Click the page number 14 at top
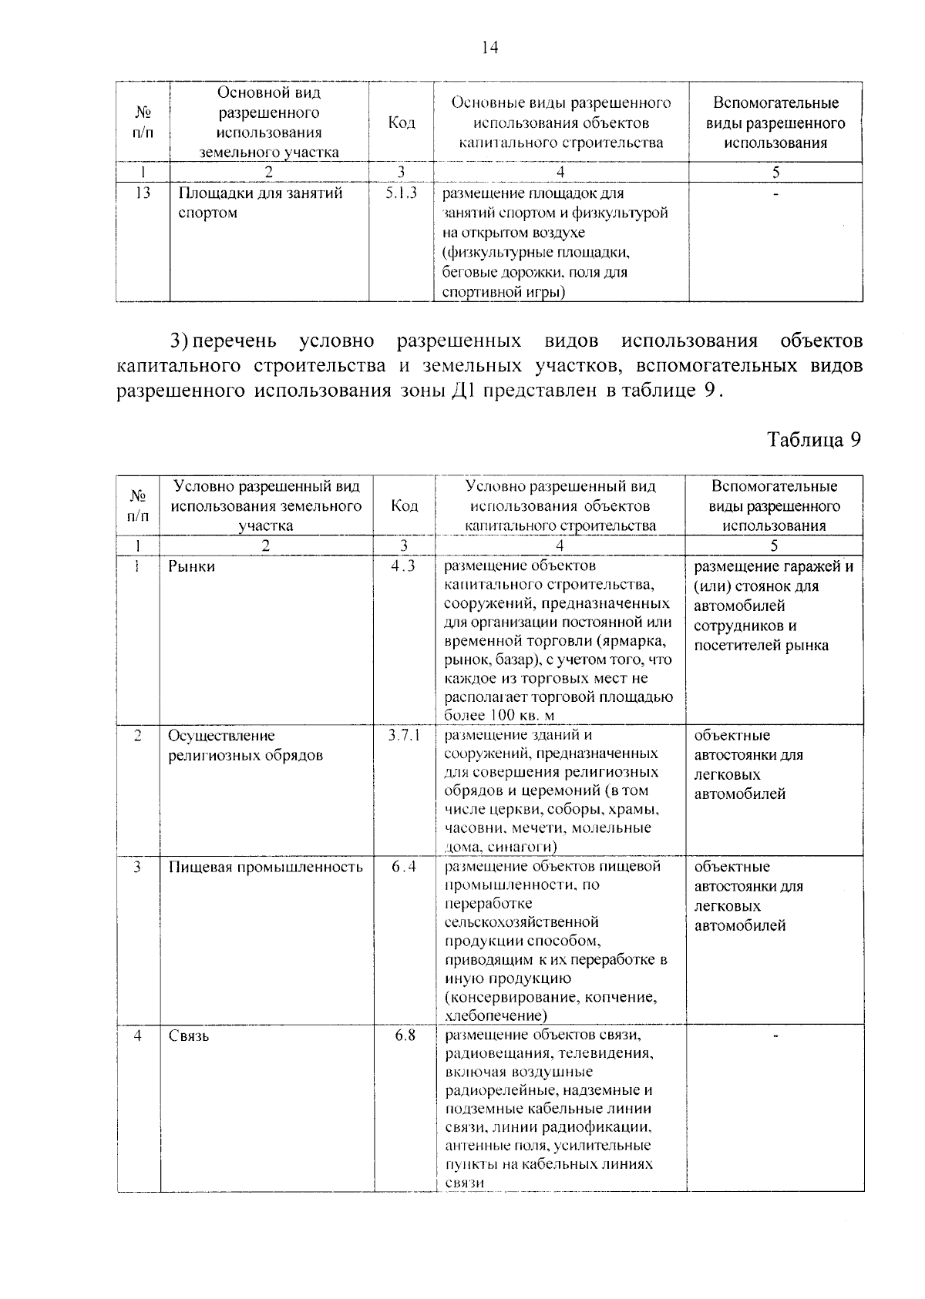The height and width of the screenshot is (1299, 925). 489,48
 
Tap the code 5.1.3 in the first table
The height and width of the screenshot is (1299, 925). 401,193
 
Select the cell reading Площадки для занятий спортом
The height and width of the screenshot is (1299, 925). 260,203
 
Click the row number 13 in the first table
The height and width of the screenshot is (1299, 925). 142,193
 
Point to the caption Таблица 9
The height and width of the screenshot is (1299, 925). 812,440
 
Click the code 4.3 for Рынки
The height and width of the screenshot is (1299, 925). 403,566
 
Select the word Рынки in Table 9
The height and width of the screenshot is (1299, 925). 192,566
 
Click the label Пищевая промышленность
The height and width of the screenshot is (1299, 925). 265,867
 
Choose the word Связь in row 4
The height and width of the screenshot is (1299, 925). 189,1036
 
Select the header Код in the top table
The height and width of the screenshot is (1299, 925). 402,123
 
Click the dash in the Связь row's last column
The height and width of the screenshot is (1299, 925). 775,1036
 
